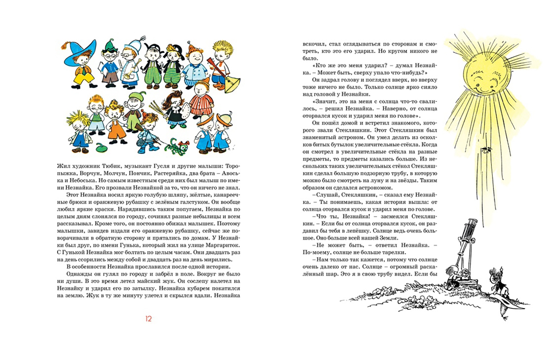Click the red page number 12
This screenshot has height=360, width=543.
click(149, 319)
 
